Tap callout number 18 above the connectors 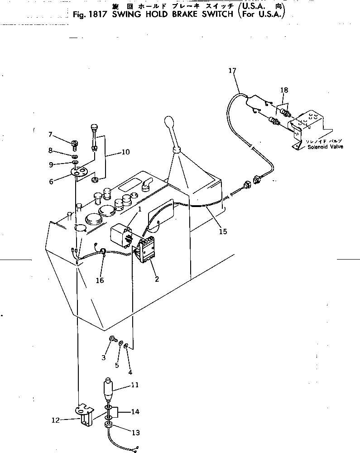pyautogui.click(x=283, y=91)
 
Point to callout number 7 pyautogui.click(x=51, y=134)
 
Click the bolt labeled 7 pyautogui.click(x=74, y=145)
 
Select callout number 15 pyautogui.click(x=222, y=231)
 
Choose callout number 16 pyautogui.click(x=100, y=280)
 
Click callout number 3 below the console pyautogui.click(x=104, y=357)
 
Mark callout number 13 pyautogui.click(x=135, y=433)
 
